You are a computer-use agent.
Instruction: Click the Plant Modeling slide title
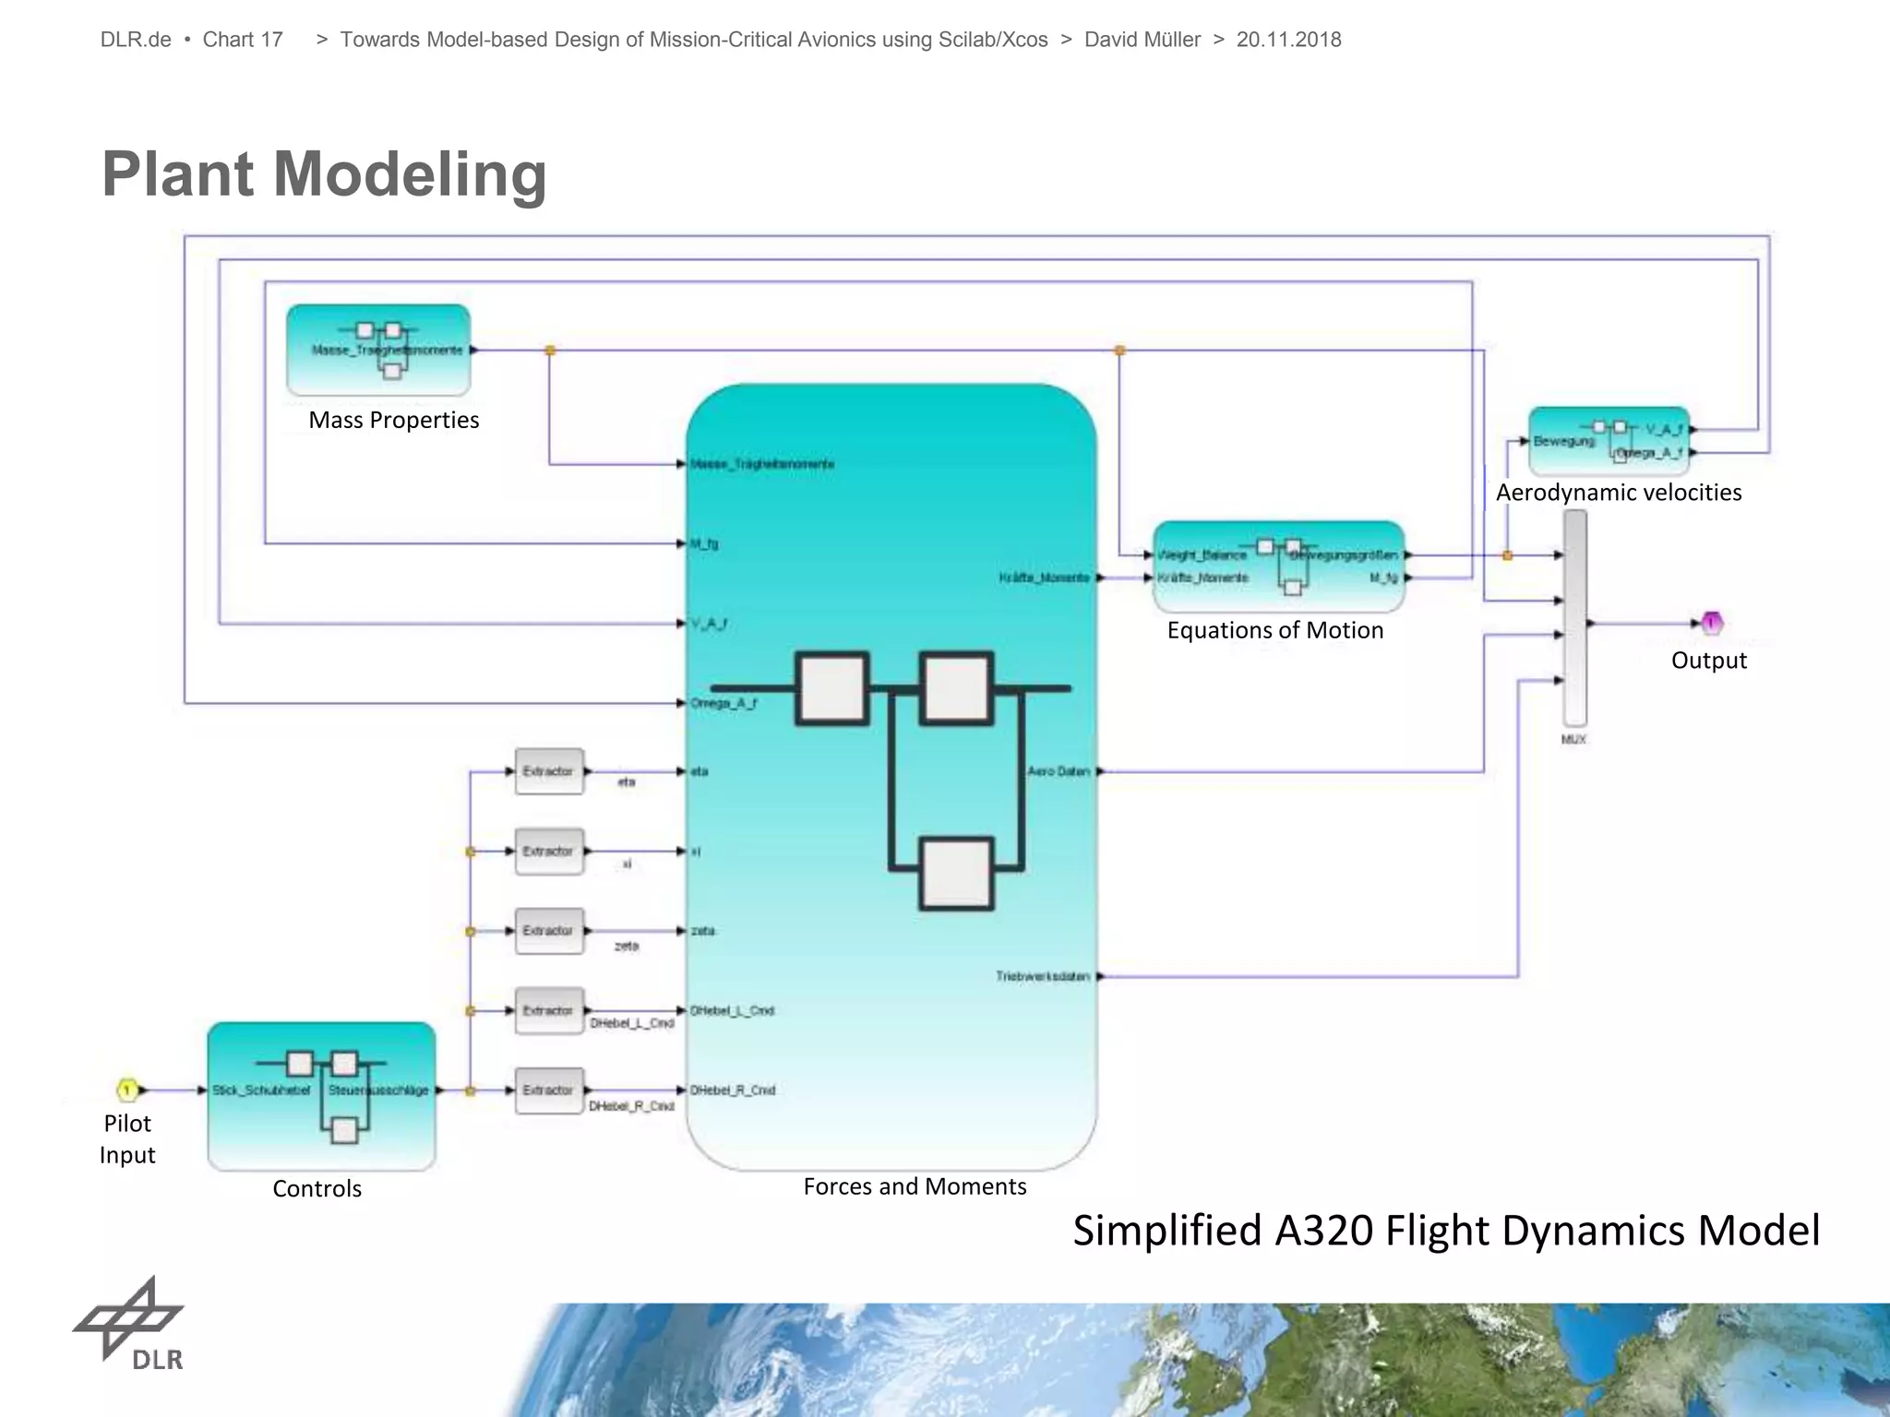324,173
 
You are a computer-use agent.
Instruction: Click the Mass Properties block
378,350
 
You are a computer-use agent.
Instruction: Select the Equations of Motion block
1278,566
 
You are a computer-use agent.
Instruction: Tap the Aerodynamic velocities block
1609,441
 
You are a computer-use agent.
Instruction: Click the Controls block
321,1095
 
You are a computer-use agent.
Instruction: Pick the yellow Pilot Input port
127,1090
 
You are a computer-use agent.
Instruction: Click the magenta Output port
1711,624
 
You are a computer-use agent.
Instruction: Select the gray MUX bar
1574,618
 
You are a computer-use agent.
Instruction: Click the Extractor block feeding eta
548,771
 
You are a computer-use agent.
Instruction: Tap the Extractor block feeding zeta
548,931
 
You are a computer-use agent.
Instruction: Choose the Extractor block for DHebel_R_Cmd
548,1090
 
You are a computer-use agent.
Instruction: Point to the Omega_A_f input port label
724,704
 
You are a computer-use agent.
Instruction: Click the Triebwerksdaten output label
1043,976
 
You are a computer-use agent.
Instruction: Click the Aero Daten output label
1059,771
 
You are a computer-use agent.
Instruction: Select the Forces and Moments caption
915,1186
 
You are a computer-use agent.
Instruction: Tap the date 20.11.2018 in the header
1288,40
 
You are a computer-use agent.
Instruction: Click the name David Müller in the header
1142,40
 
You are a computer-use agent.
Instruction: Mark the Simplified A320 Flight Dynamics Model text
1445,1231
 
